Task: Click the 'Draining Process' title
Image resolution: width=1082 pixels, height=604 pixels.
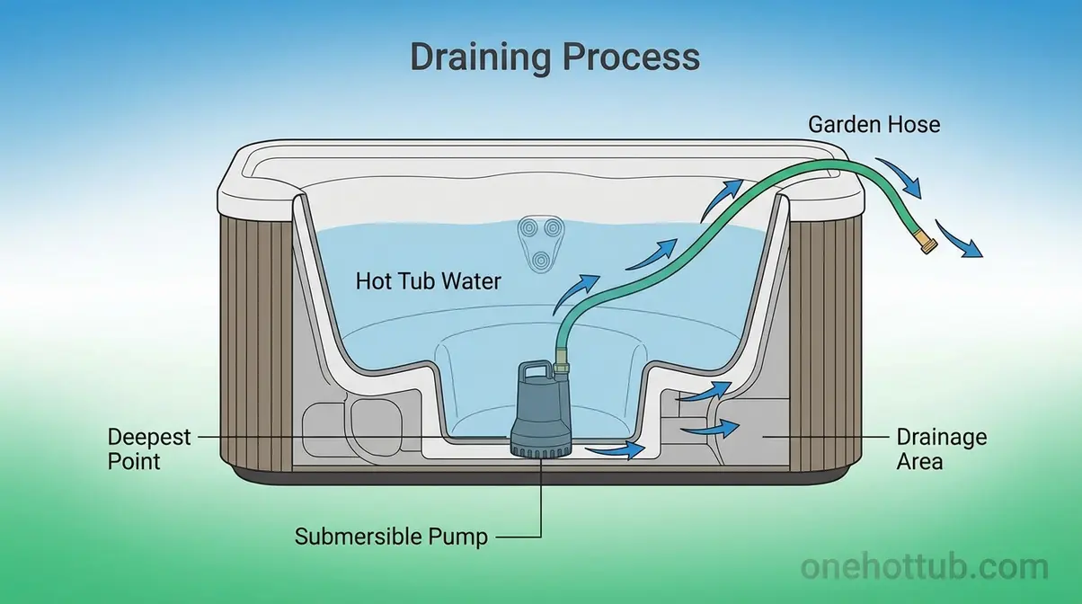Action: (x=554, y=58)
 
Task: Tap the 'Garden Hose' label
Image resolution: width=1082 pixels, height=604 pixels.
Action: (x=874, y=124)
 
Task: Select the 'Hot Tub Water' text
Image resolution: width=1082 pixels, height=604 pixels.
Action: (x=429, y=281)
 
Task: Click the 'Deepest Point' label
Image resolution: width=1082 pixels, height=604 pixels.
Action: (x=149, y=449)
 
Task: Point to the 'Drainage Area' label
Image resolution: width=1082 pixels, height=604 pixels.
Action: (x=941, y=449)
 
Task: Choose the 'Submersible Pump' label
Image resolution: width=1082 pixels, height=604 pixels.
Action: (x=391, y=537)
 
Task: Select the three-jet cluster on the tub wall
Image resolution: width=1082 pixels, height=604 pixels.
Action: (x=537, y=244)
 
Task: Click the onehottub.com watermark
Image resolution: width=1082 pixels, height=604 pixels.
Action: (x=924, y=568)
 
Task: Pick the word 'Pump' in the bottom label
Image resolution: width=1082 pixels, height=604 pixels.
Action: (x=457, y=537)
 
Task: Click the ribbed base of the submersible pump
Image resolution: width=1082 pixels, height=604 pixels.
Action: (x=539, y=443)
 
